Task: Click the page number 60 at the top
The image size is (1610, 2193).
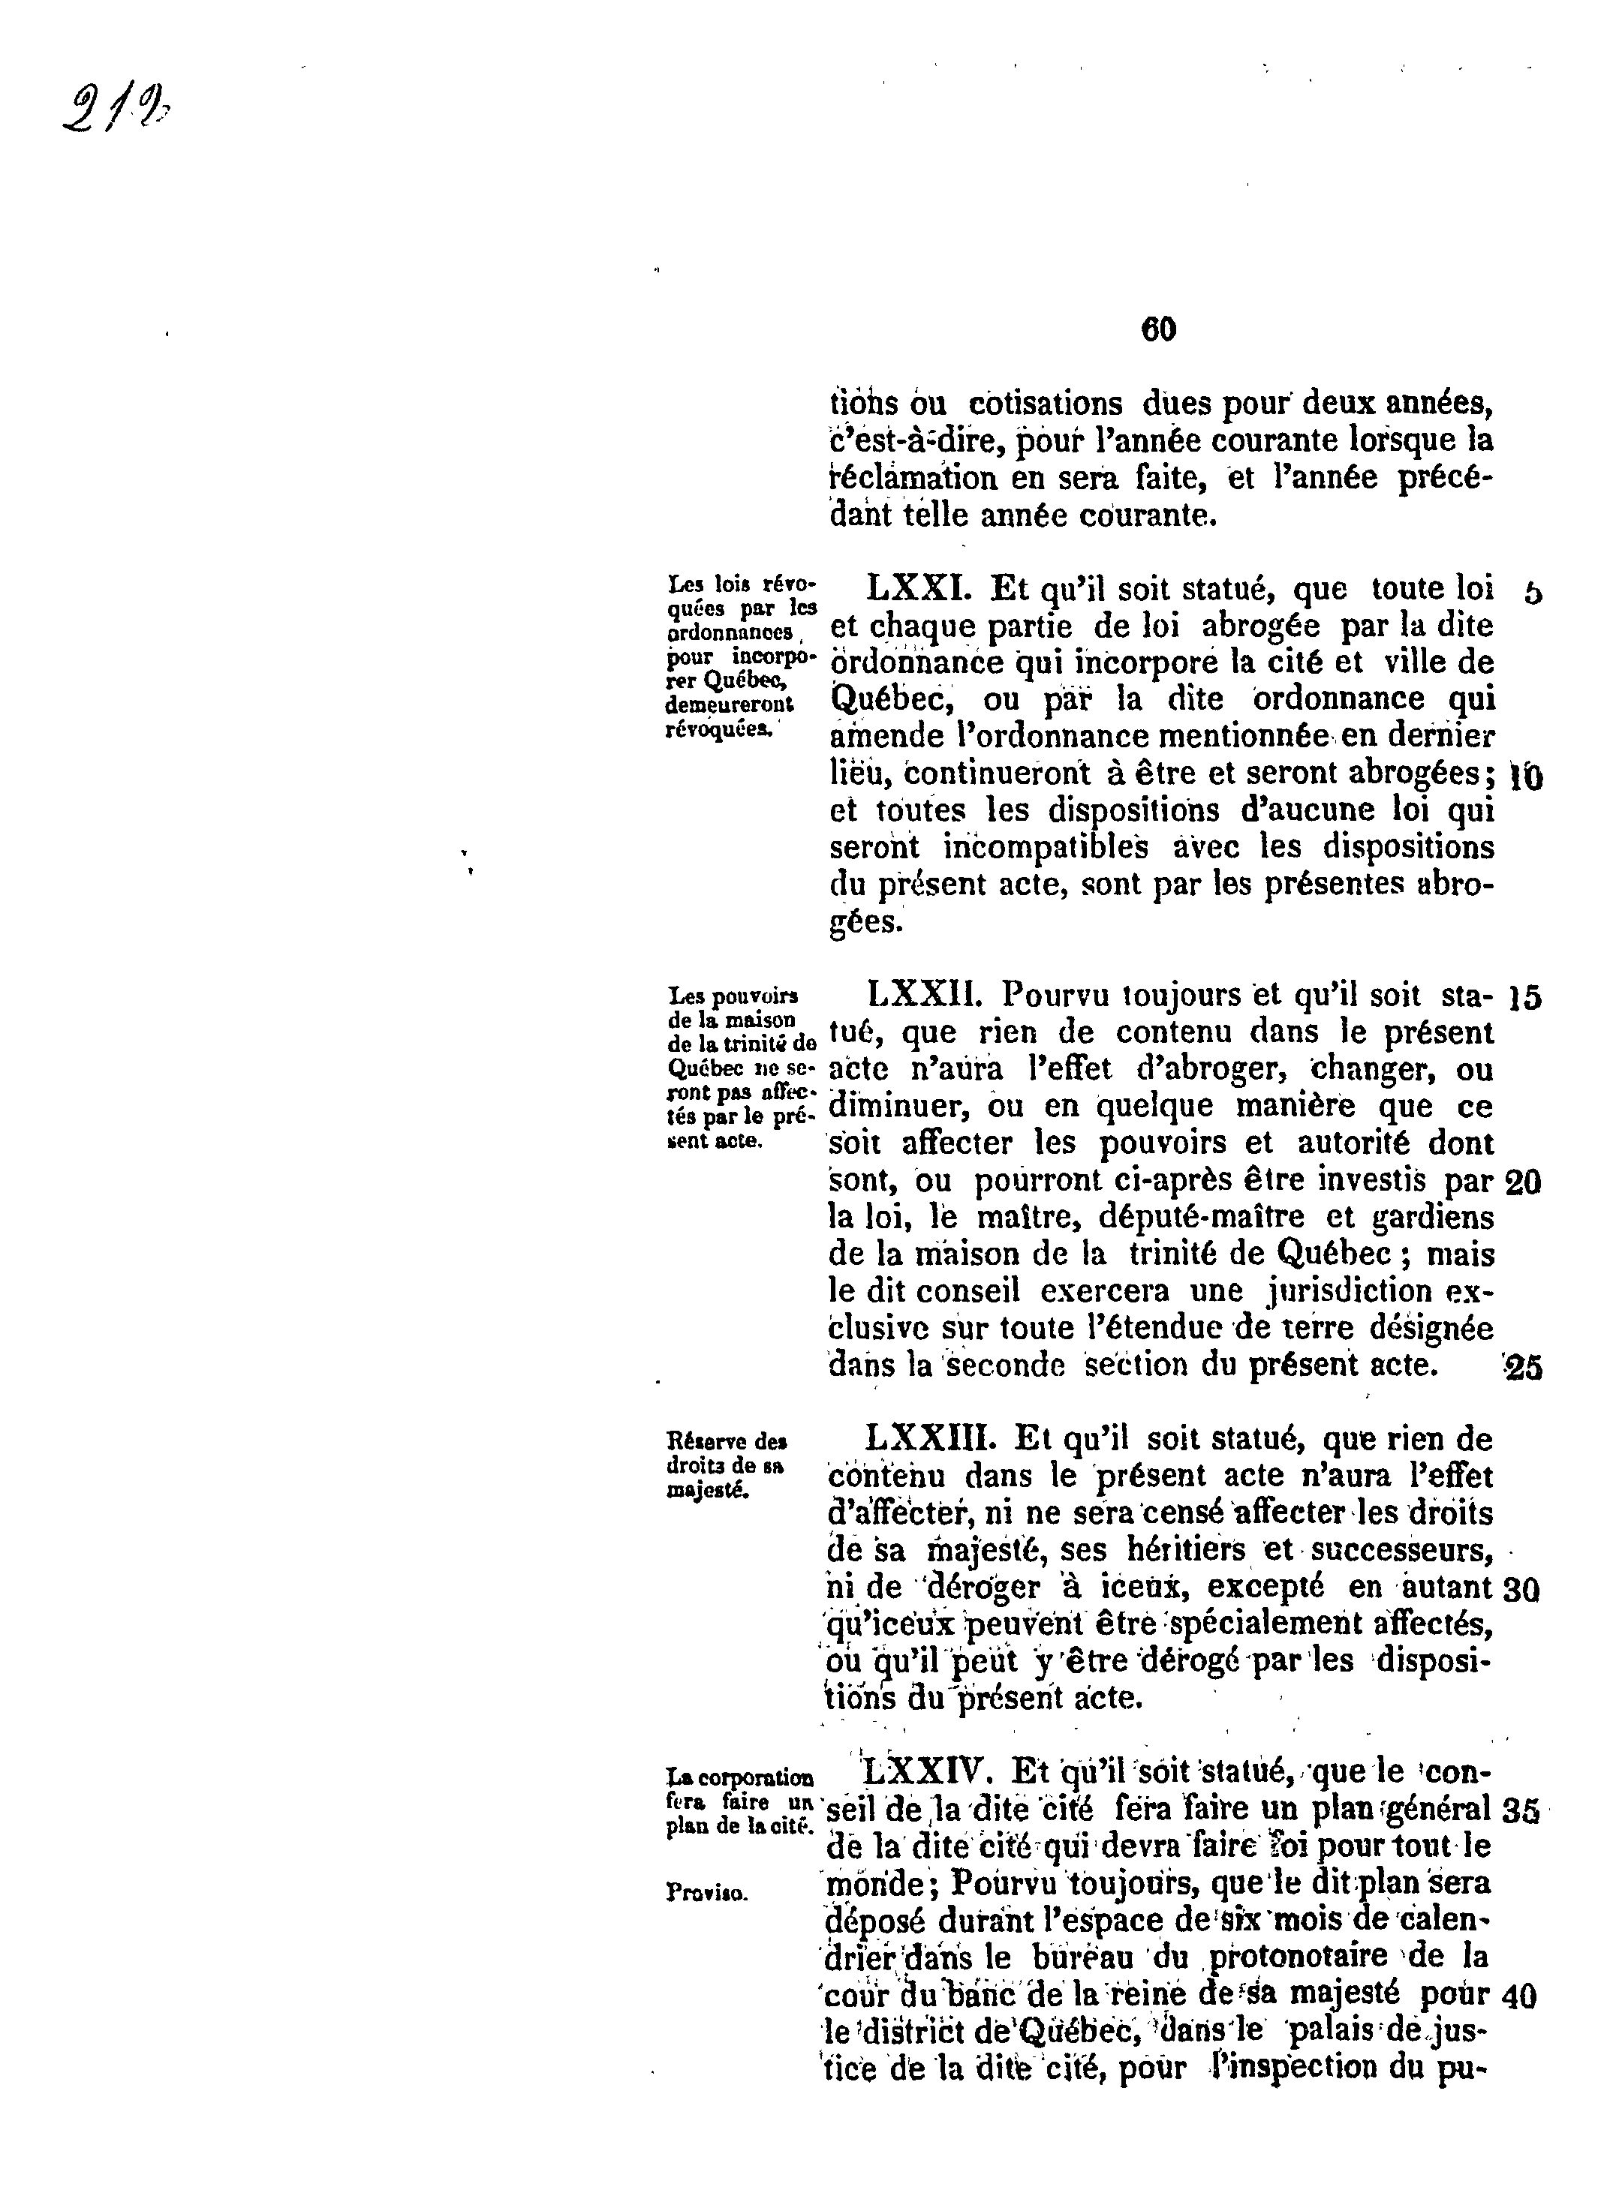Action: [1158, 330]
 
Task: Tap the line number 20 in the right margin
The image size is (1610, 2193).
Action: [1523, 1182]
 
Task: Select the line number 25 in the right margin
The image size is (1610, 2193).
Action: [1523, 1368]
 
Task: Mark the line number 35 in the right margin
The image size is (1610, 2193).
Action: [1521, 1810]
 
